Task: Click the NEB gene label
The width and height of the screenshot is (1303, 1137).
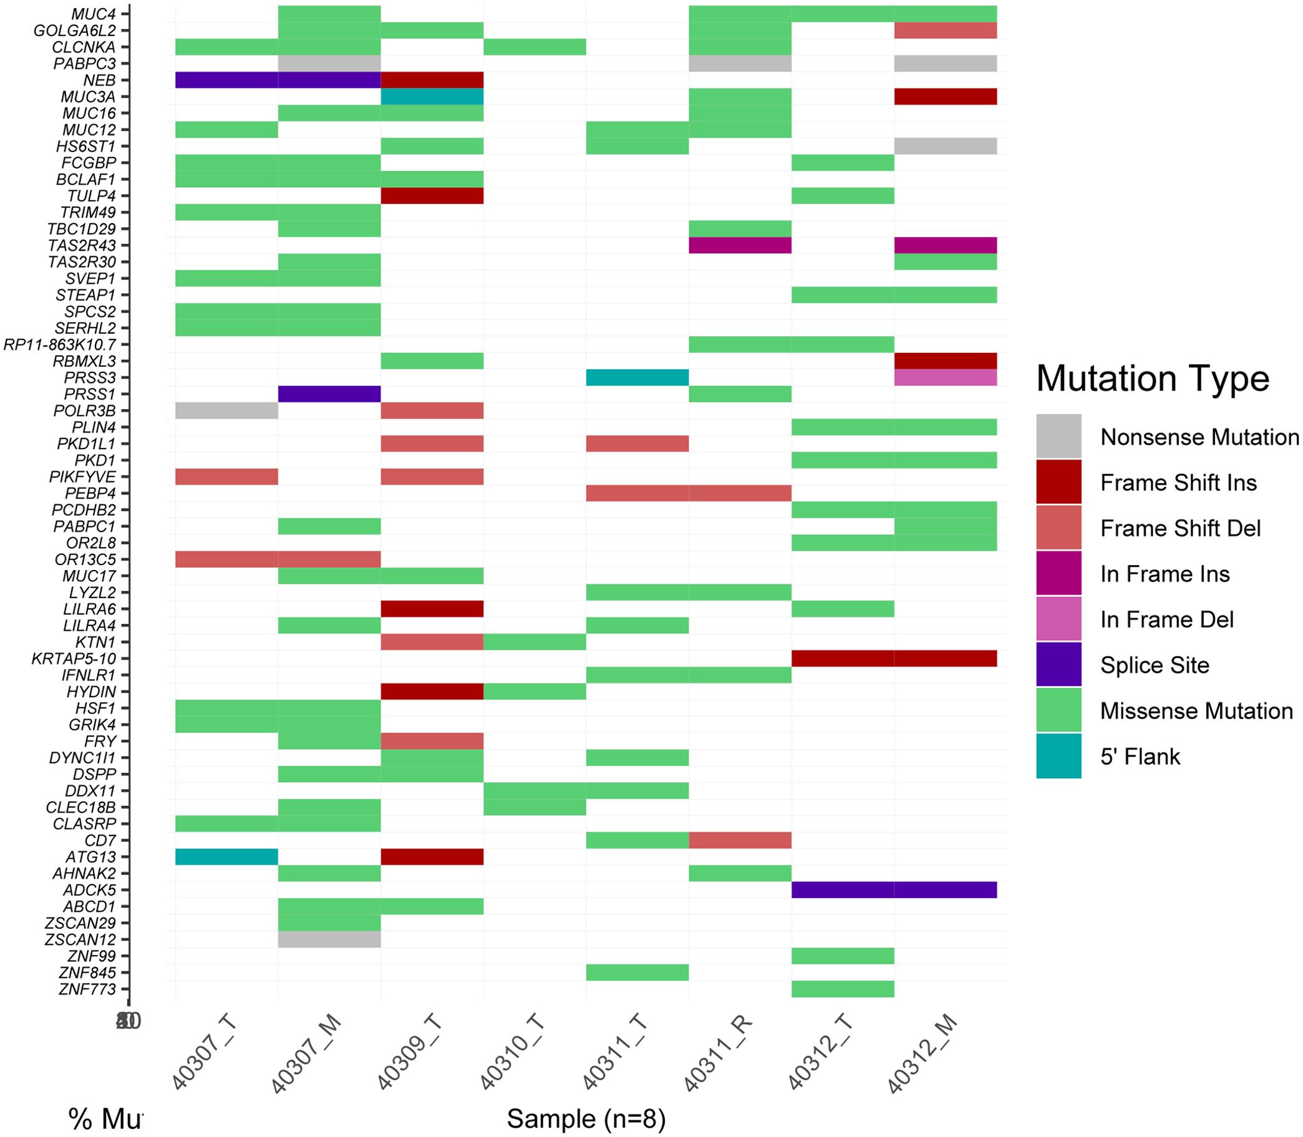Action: pos(99,80)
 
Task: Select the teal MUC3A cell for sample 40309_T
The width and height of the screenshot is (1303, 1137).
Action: pos(432,97)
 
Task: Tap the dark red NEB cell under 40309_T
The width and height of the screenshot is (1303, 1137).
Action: pos(432,80)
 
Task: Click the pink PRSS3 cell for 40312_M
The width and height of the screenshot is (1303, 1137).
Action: pos(945,377)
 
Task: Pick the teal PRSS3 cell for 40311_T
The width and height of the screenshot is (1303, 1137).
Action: pos(637,377)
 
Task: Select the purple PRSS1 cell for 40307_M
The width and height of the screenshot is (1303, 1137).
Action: pos(329,394)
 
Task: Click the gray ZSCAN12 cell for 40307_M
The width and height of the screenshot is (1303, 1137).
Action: pos(329,940)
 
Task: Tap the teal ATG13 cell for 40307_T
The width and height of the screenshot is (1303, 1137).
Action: pos(226,857)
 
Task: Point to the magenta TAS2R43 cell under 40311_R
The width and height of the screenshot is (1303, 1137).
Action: pos(740,246)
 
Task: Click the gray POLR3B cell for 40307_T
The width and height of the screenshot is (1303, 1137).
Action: pos(226,410)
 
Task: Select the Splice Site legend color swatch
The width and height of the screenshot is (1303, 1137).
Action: pos(1058,664)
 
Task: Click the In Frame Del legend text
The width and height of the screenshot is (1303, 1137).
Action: pos(1166,619)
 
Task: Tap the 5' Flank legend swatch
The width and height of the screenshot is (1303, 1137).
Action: pos(1058,756)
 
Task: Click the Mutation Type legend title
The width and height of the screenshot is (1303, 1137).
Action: pos(1152,379)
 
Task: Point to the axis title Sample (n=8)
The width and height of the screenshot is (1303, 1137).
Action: pos(586,1120)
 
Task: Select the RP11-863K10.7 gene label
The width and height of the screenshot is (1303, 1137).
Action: pos(60,344)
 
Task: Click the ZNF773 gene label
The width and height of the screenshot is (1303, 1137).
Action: pos(87,989)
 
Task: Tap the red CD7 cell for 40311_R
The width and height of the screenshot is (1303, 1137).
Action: pos(740,840)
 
